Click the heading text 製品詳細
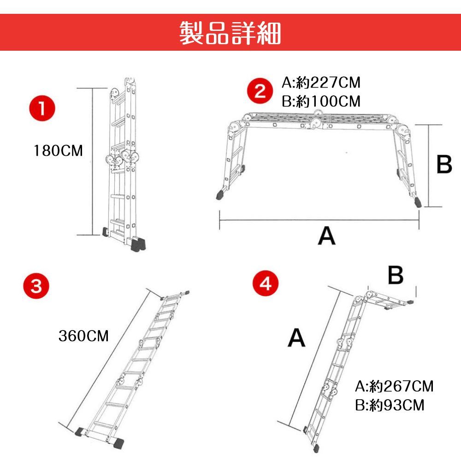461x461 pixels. (x=230, y=33)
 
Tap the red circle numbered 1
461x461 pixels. (x=42, y=108)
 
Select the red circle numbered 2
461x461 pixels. (x=260, y=91)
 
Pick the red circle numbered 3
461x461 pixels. (x=36, y=285)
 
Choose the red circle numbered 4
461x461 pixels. (x=266, y=283)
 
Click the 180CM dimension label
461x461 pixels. (x=58, y=151)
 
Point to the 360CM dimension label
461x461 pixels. (x=83, y=336)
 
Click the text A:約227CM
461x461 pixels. (x=321, y=83)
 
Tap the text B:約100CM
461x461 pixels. (x=321, y=101)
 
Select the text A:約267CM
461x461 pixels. (x=394, y=386)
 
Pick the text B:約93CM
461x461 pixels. (x=390, y=405)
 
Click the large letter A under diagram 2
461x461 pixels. (x=326, y=236)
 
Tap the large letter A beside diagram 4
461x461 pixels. (x=296, y=337)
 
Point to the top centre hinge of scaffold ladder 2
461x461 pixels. (x=318, y=112)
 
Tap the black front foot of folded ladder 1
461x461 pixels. (x=138, y=245)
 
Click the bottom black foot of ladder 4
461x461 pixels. (x=316, y=449)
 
